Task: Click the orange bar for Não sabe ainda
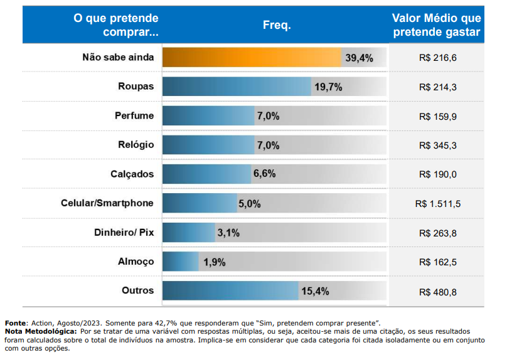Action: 252,58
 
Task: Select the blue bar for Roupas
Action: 237,87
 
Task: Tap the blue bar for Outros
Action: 230,291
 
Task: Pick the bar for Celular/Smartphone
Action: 200,203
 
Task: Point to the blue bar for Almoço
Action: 181,262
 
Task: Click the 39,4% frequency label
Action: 359,58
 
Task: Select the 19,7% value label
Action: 328,87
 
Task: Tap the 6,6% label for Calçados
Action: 265,174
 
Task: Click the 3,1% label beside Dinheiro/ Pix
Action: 228,233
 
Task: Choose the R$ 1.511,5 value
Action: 438,204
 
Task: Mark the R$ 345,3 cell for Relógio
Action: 438,146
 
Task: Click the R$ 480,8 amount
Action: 438,292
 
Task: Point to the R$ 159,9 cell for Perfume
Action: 438,116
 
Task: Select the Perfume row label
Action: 134,115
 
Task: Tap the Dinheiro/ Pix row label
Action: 124,232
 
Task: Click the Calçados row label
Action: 132,174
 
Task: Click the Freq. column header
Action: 277,25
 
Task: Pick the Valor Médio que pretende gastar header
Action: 437,25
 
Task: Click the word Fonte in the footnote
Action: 15,323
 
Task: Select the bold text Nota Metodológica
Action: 41,332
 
